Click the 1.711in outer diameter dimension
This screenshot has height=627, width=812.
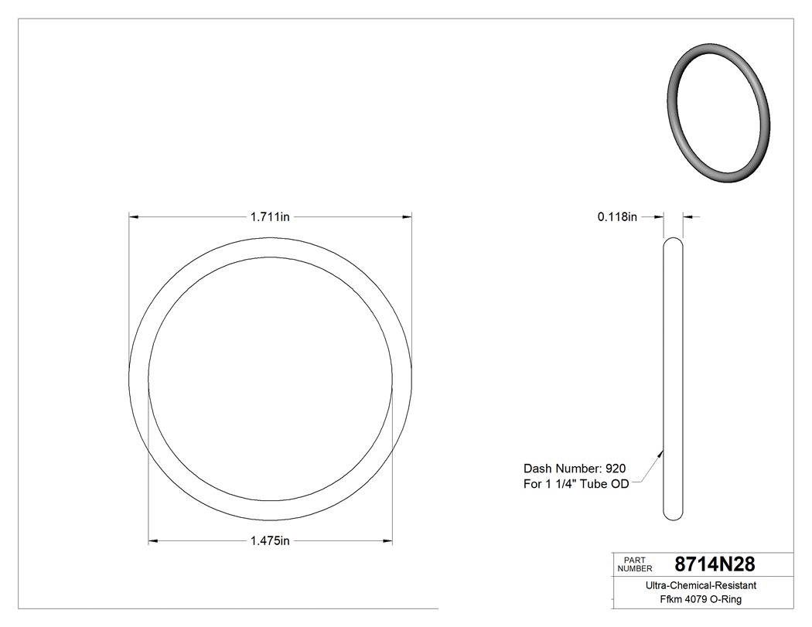click(269, 217)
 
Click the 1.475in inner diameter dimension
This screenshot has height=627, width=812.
click(269, 540)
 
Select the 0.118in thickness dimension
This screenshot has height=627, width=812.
click(616, 217)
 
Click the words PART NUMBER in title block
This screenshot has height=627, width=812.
click(630, 564)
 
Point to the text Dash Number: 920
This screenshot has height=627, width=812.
click(575, 469)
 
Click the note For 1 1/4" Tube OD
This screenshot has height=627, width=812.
click(576, 484)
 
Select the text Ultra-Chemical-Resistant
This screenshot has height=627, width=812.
click(701, 586)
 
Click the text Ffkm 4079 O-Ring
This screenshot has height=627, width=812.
click(701, 599)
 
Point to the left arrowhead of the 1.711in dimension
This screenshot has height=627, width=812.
click(133, 217)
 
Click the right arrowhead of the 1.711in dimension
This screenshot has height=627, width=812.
click(407, 217)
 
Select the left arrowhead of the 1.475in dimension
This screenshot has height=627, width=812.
click(153, 540)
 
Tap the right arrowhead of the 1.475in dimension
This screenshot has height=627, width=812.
click(387, 540)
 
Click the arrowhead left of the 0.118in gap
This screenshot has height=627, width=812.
click(660, 217)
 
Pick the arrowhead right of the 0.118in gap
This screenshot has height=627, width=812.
click(687, 217)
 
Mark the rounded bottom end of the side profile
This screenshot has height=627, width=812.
click(674, 514)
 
